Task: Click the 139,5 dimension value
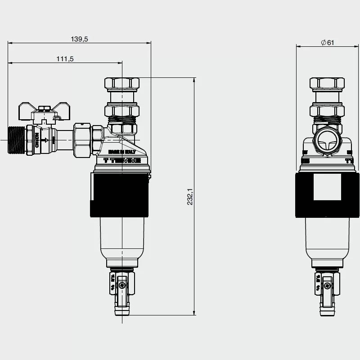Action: [x=79, y=39]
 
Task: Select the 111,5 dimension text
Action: [x=65, y=59]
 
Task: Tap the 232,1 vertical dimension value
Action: [x=190, y=197]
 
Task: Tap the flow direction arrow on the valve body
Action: [x=45, y=140]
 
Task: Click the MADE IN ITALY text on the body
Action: [x=118, y=152]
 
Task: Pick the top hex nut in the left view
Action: [x=122, y=84]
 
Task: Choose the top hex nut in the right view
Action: [x=327, y=84]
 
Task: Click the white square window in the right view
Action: [x=328, y=187]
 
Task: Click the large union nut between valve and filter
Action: [x=83, y=139]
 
